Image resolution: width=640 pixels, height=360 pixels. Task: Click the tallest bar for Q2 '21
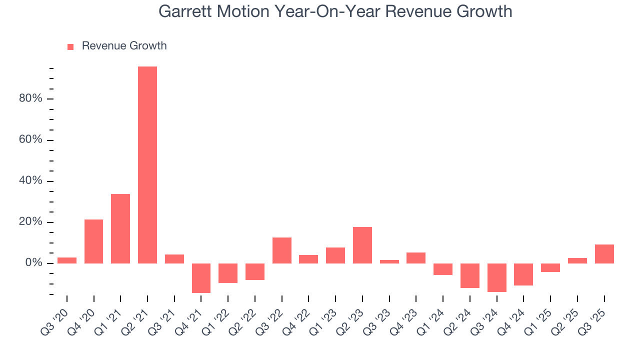147,165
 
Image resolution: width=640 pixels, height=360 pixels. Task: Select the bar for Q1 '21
120,228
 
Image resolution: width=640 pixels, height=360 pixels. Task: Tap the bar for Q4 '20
93,241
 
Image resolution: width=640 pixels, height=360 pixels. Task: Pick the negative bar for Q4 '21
201,278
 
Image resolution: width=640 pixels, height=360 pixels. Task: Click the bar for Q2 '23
362,245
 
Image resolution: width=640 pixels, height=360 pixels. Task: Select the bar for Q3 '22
282,250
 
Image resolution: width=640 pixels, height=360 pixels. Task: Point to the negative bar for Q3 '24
497,277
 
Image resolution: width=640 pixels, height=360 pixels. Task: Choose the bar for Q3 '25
604,254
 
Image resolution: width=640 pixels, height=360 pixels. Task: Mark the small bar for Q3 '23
389,261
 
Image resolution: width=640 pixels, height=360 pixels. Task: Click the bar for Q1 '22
228,273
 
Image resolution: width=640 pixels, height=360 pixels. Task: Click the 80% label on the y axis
30,98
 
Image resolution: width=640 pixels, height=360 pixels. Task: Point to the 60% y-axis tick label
30,139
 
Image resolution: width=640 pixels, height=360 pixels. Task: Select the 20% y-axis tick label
30,222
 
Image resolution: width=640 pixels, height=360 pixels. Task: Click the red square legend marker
70,46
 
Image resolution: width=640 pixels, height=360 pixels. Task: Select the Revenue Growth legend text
124,46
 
